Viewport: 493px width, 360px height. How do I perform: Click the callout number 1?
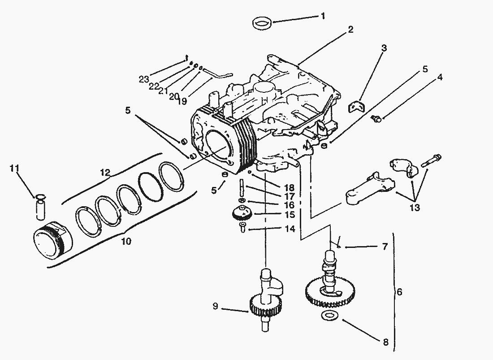pyautogui.click(x=322, y=16)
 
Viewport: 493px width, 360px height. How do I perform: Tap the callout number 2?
pyautogui.click(x=350, y=30)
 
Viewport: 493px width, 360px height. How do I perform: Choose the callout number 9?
pyautogui.click(x=216, y=307)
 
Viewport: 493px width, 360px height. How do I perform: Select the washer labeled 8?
pyautogui.click(x=330, y=315)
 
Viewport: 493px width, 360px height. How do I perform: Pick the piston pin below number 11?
pyautogui.click(x=40, y=209)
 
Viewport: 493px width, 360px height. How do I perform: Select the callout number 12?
pyautogui.click(x=105, y=172)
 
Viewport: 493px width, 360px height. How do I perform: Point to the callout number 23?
pyautogui.click(x=144, y=79)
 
